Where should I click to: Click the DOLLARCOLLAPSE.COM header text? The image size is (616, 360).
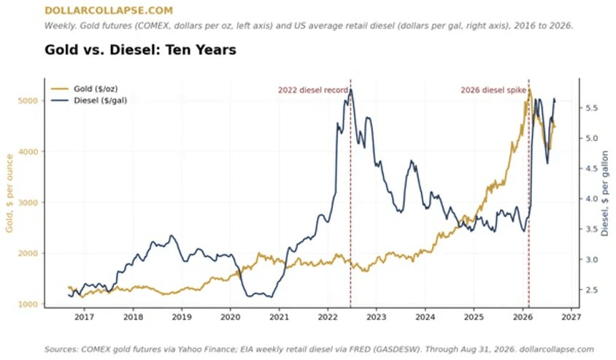[x=109, y=11]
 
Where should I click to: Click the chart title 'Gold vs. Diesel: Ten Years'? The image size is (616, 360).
[x=140, y=50]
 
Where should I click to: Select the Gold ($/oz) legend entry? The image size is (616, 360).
[x=85, y=89]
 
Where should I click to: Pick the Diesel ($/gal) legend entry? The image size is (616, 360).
[x=89, y=101]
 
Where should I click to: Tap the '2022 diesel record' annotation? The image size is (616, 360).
[x=313, y=90]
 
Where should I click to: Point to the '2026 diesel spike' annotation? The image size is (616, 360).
[x=493, y=90]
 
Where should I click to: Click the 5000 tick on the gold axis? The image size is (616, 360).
[x=28, y=101]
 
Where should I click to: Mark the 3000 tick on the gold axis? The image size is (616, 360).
[x=28, y=202]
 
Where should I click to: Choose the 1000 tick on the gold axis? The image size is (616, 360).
[x=28, y=305]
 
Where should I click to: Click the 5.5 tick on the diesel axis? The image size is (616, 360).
[x=592, y=107]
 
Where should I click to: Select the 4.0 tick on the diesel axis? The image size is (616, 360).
[x=592, y=199]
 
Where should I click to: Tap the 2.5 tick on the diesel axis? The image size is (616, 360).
[x=592, y=290]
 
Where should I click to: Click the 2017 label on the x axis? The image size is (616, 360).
[x=84, y=317]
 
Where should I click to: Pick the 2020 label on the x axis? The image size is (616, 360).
[x=230, y=317]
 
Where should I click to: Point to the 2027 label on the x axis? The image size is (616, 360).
[x=571, y=317]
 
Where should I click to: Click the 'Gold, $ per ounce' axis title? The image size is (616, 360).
[x=9, y=193]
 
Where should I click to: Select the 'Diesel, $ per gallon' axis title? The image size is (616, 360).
[x=604, y=194]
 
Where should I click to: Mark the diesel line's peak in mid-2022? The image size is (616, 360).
[x=350, y=90]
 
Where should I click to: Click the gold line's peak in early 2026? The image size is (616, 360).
[x=530, y=90]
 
